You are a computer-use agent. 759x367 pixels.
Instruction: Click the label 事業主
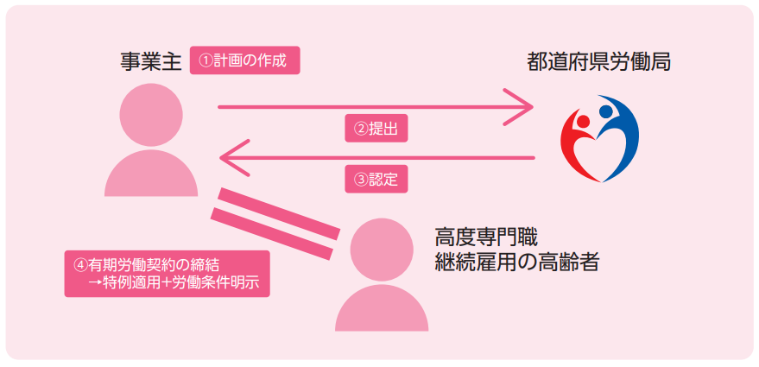(x=151, y=61)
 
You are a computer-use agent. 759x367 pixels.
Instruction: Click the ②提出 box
(x=376, y=130)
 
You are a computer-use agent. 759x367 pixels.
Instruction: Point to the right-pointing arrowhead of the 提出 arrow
(x=523, y=107)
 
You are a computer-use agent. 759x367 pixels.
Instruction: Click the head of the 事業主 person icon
(x=151, y=113)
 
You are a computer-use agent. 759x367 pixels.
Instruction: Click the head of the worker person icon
(x=381, y=248)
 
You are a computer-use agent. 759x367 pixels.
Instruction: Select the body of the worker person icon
(x=381, y=307)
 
